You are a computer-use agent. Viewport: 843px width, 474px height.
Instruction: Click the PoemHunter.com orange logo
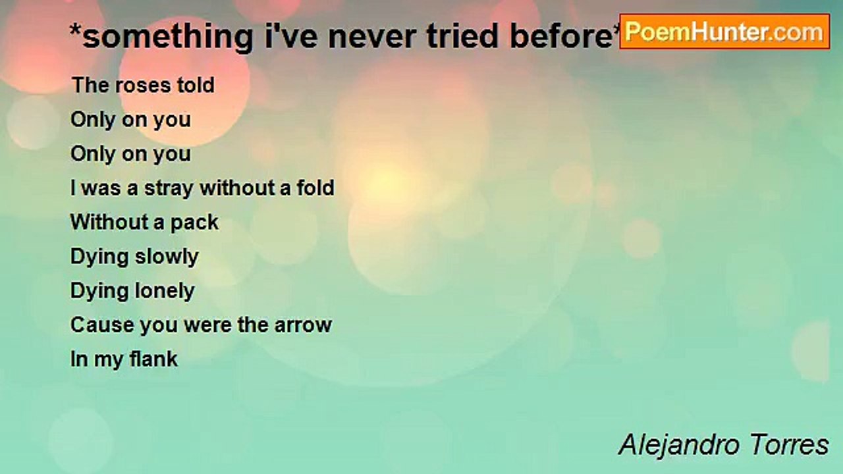724,32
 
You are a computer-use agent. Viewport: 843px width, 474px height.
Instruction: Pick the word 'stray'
169,189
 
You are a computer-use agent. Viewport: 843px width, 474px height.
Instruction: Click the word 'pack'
194,223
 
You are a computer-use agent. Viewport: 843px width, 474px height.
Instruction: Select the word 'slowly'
167,257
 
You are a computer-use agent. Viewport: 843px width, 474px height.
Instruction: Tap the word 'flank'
153,359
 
